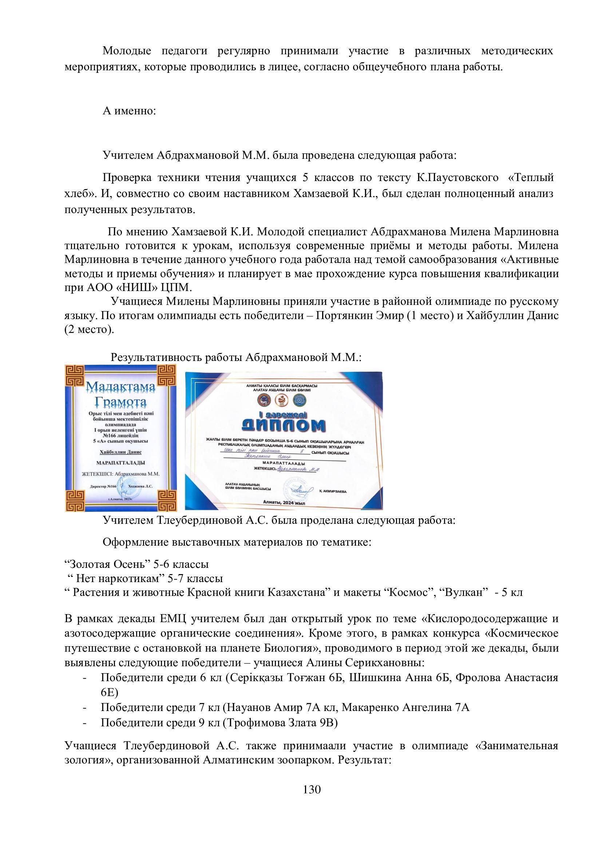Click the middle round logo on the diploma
281,400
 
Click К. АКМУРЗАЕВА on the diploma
333,491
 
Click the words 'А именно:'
129,111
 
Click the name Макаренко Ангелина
395,707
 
